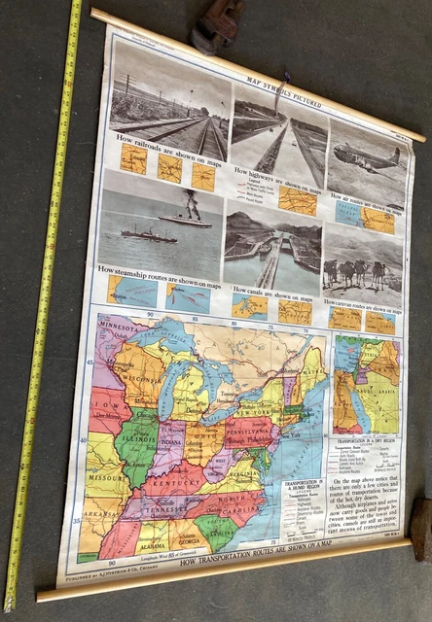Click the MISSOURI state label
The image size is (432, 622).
click(101, 477)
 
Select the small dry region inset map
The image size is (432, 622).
click(365, 384)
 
